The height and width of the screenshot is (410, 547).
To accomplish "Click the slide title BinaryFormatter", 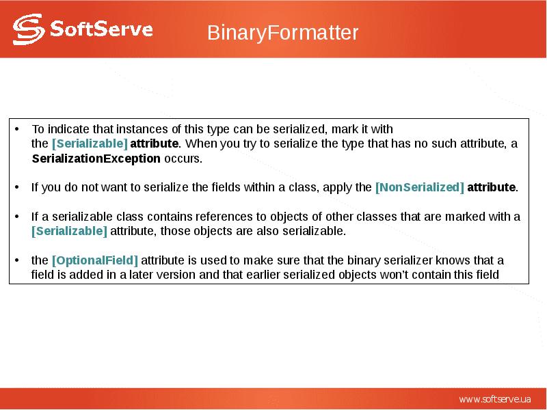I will pos(282,33).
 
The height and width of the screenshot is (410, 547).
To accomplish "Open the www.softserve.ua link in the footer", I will pos(495,398).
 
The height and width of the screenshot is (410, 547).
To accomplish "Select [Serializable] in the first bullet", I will pos(90,143).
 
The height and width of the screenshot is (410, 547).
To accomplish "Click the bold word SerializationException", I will pos(96,159).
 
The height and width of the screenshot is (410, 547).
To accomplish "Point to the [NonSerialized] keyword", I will pos(419,187).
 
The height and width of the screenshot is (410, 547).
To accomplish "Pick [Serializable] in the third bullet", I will pos(69,231).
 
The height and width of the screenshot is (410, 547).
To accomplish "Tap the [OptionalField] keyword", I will pos(95,260).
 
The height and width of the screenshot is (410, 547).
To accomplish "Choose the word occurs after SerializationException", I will pos(183,159).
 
